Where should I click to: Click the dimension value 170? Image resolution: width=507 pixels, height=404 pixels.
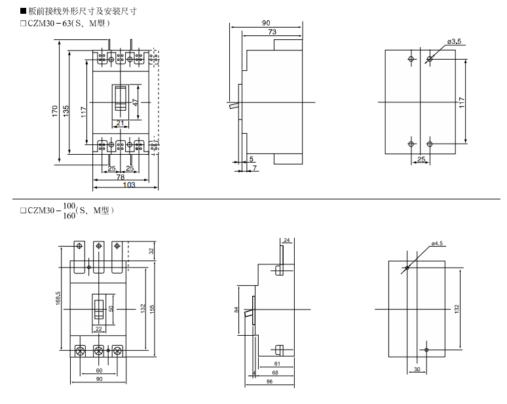coord(56,112)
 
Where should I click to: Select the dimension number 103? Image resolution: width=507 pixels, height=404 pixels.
coord(129,186)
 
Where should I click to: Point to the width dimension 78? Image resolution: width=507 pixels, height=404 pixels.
coord(121,178)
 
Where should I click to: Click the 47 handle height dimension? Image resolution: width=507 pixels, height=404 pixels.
coord(135,102)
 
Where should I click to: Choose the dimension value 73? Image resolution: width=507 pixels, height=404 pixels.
coord(271,33)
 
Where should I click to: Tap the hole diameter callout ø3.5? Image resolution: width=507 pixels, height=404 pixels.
coord(455,42)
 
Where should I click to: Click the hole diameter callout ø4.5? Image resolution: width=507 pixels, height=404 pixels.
coord(437,243)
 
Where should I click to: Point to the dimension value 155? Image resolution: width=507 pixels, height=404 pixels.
coord(151,308)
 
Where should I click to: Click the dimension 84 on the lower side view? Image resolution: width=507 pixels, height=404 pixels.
coord(237,310)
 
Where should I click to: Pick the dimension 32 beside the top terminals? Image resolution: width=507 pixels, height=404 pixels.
coord(151,251)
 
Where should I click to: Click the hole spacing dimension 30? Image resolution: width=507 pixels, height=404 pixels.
coord(417,369)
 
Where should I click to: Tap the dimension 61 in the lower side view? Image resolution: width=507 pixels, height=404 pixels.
coord(278,363)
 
